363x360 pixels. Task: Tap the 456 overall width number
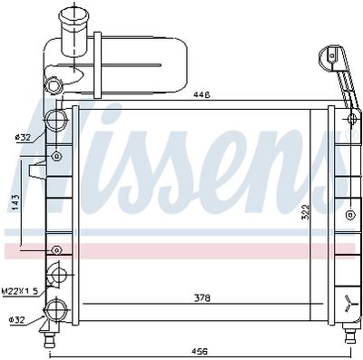tap(199, 350)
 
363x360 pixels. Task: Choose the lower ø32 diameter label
tap(16, 319)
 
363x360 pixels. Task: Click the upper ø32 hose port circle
tap(57, 120)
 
